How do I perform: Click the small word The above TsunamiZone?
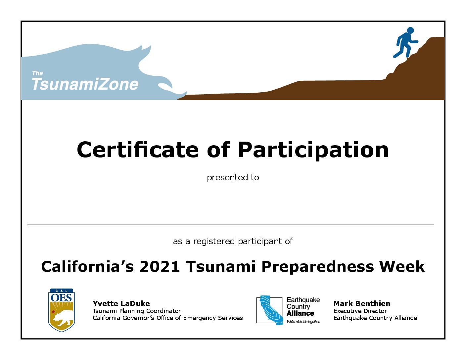[37, 73]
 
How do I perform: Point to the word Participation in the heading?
[313, 151]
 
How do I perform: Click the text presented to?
[233, 178]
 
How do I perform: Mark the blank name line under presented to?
[231, 225]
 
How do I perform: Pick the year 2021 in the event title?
[160, 266]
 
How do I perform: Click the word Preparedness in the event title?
[318, 267]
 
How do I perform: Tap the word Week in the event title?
[402, 266]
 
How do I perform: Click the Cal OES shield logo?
[62, 310]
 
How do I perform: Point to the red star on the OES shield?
[53, 312]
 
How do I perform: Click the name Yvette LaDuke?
[121, 304]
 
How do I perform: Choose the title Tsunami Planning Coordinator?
[137, 311]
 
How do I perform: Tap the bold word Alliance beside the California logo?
[300, 313]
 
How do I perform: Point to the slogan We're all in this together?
[303, 322]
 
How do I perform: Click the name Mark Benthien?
[362, 304]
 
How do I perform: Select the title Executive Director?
[360, 311]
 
